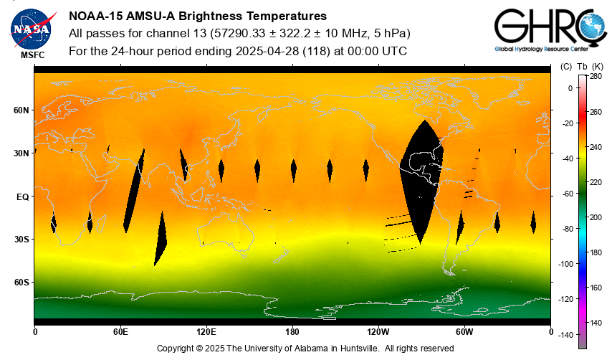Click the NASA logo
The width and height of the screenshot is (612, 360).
31,28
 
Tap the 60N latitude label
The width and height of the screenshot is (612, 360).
21,110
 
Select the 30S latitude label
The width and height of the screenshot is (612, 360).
21,240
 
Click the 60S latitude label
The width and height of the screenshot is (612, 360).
21,283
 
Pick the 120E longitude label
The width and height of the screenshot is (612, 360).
206,332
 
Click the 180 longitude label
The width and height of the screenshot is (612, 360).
292,332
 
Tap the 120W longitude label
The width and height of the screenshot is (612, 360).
378,332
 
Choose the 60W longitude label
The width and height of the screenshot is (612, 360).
464,332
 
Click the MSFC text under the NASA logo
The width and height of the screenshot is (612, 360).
31,55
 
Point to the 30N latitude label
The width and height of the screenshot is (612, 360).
21,153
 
